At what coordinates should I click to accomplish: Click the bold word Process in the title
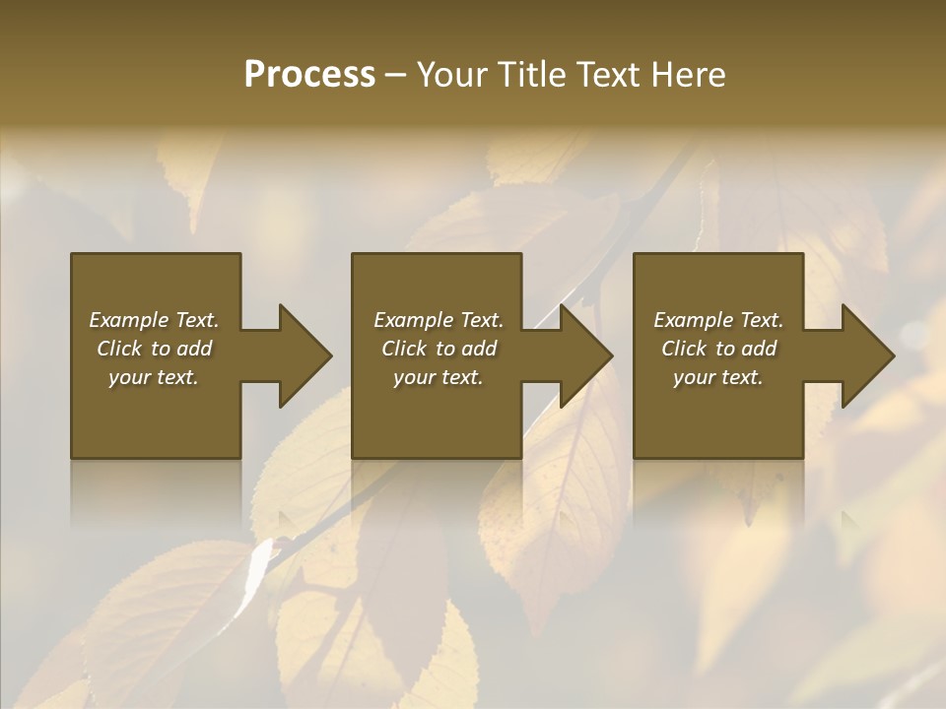tap(309, 75)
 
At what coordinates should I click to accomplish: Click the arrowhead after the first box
tap(302, 355)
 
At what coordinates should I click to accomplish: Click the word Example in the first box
tap(129, 320)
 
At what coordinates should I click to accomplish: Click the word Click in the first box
tap(119, 349)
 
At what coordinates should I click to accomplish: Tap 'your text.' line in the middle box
tap(438, 377)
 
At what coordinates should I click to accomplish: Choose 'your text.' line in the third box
tap(718, 377)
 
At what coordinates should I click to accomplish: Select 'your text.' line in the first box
tap(154, 377)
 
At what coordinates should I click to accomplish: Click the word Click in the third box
tap(684, 349)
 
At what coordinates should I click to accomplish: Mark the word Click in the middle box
tap(404, 349)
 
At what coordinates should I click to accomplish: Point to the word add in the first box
tap(195, 349)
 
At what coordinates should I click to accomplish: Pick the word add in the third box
tap(760, 349)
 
